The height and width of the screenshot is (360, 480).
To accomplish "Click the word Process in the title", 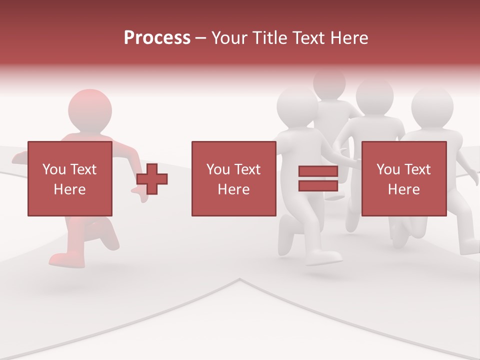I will (x=157, y=38).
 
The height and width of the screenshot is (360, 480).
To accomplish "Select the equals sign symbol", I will (x=318, y=178).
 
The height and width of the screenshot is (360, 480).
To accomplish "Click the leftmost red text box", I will (x=69, y=178).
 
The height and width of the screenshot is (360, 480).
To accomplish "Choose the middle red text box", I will (x=233, y=178).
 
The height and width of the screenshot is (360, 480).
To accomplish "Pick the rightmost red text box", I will (x=403, y=178).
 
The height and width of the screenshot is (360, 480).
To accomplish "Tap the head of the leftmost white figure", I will (x=297, y=106).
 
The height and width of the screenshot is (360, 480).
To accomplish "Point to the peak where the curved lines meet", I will (x=240, y=279).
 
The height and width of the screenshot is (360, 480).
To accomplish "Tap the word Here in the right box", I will (x=403, y=189).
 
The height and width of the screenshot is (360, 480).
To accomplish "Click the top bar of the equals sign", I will (x=318, y=171).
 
